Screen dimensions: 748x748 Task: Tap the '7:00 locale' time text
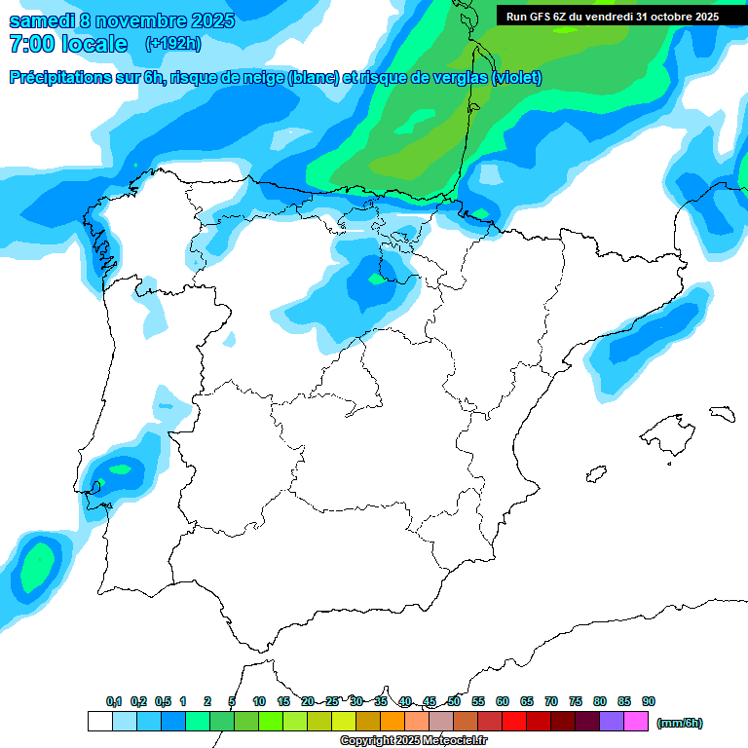pyautogui.click(x=68, y=44)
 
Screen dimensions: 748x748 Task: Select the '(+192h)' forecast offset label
pyautogui.click(x=172, y=44)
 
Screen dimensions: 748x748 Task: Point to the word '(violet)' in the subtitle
pyautogui.click(x=517, y=78)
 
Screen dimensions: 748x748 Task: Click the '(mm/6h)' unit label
pyautogui.click(x=680, y=723)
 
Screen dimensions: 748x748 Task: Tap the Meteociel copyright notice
pyautogui.click(x=413, y=741)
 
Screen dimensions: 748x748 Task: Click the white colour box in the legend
pyautogui.click(x=99, y=722)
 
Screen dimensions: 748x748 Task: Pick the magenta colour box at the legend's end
pyautogui.click(x=636, y=722)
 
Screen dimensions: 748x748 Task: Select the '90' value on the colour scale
pyautogui.click(x=649, y=701)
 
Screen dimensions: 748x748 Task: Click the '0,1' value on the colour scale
pyautogui.click(x=114, y=701)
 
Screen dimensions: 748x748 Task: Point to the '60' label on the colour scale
pyautogui.click(x=503, y=701)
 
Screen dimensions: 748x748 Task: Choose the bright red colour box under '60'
pyautogui.click(x=514, y=722)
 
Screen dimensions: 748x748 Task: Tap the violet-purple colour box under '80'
pyautogui.click(x=612, y=722)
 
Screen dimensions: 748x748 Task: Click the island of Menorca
pyautogui.click(x=722, y=413)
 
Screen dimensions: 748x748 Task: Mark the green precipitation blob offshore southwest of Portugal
pyautogui.click(x=37, y=568)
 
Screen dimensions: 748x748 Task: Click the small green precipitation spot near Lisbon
pyautogui.click(x=120, y=469)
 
